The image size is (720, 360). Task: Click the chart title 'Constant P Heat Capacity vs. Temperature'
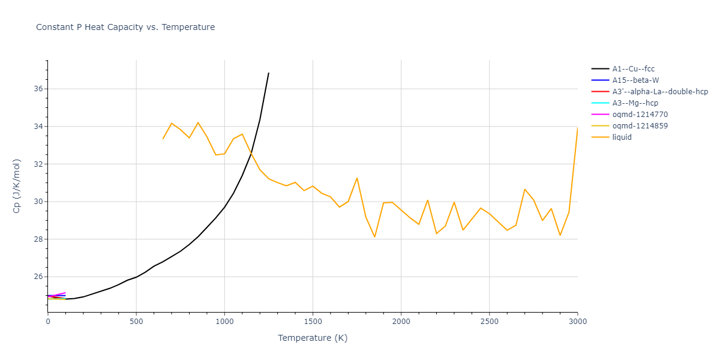(125, 27)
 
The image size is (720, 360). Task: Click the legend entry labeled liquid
(622, 137)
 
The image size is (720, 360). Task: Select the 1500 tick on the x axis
(313, 322)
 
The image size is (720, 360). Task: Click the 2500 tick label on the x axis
(489, 322)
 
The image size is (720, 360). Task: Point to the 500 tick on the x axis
(136, 322)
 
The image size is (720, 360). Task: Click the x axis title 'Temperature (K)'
(313, 338)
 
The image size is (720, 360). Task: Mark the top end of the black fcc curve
(269, 73)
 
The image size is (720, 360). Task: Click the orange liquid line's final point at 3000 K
(577, 128)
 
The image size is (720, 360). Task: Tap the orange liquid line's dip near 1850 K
(374, 236)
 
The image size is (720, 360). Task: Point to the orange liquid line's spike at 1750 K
(357, 178)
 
